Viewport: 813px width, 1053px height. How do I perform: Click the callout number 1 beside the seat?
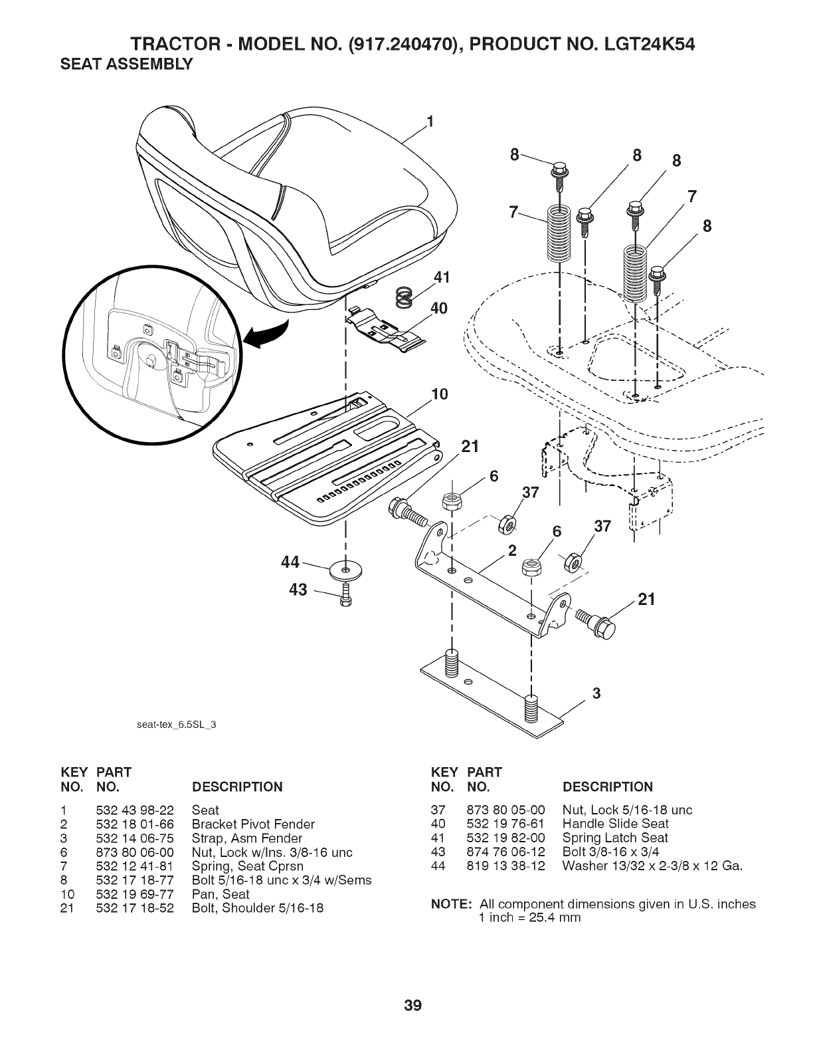(x=430, y=122)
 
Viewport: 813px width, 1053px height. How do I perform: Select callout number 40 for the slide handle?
(x=438, y=308)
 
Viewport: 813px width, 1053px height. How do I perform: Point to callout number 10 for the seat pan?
(x=438, y=394)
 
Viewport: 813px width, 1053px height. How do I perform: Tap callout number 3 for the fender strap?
(x=596, y=693)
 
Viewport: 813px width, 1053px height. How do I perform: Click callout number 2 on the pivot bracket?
(x=511, y=550)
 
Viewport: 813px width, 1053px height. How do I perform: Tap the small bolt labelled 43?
(x=345, y=594)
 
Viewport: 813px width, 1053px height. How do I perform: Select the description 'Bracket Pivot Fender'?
(x=253, y=824)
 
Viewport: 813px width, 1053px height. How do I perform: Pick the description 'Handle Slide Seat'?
(x=614, y=824)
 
